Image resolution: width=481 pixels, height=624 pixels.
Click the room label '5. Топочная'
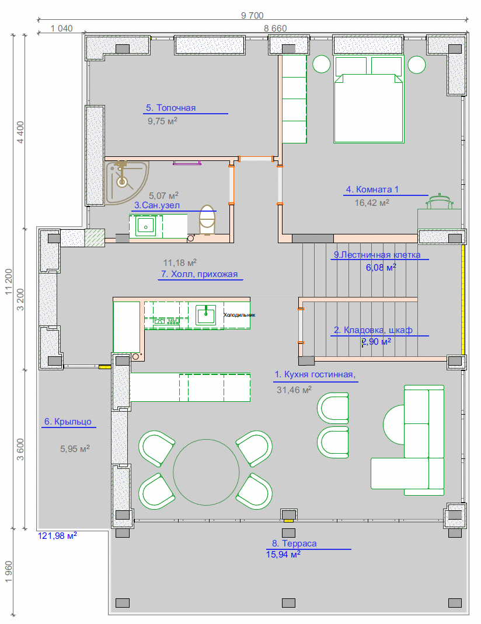(171, 108)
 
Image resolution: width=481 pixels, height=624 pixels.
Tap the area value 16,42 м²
(372, 202)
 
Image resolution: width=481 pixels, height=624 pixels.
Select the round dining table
(206, 472)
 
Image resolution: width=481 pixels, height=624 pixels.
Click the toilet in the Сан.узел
(207, 220)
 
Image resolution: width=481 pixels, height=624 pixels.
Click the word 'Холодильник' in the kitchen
(239, 315)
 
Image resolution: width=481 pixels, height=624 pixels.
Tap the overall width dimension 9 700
(252, 15)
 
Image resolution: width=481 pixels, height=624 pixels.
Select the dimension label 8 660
(275, 28)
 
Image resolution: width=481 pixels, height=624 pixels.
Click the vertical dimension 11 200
(9, 282)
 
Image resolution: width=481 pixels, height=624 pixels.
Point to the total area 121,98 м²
(57, 536)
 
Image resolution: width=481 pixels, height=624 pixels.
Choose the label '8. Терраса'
(294, 543)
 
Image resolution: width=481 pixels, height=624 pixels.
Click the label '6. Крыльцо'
(68, 422)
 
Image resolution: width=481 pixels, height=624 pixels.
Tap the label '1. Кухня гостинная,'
(315, 374)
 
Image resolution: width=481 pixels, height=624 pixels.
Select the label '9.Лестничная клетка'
(377, 255)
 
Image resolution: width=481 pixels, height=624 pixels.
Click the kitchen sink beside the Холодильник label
(206, 315)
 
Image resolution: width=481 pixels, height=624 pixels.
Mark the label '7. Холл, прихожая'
(200, 274)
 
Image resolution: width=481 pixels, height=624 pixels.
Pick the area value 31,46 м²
(294, 390)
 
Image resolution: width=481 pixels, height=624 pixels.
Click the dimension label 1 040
(62, 28)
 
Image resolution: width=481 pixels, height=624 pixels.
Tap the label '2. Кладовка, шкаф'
(373, 330)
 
